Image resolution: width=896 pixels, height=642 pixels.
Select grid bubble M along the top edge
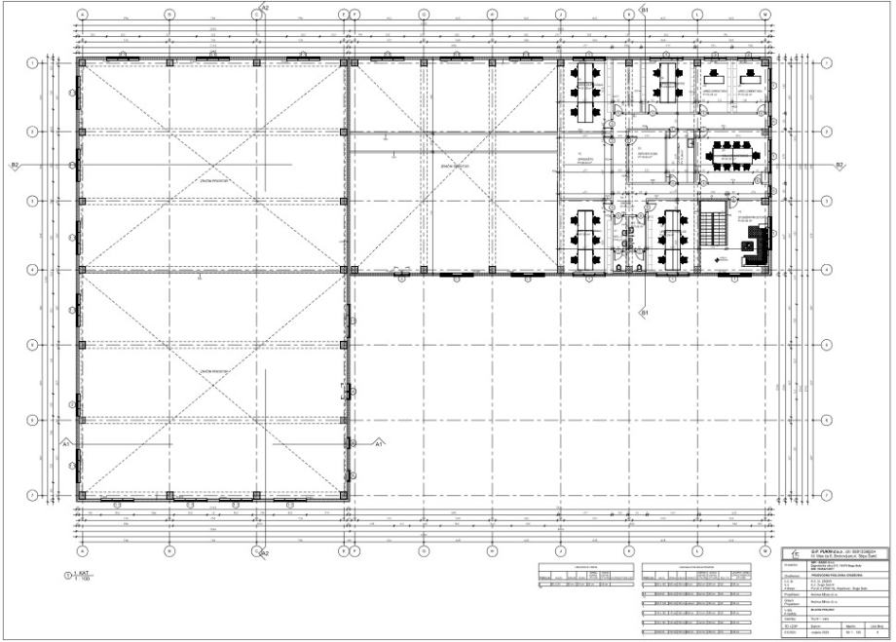[x=766, y=16]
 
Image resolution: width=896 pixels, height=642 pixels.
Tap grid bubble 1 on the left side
[x=32, y=62]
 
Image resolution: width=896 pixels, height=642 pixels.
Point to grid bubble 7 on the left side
[x=32, y=495]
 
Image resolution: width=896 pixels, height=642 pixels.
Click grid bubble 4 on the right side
[x=826, y=269]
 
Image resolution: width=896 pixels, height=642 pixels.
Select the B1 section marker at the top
[x=644, y=8]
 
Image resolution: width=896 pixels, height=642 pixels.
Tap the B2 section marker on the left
[x=15, y=166]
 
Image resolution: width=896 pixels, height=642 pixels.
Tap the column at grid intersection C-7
[x=256, y=495]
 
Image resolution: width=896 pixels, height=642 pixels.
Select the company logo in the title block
[x=789, y=552]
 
